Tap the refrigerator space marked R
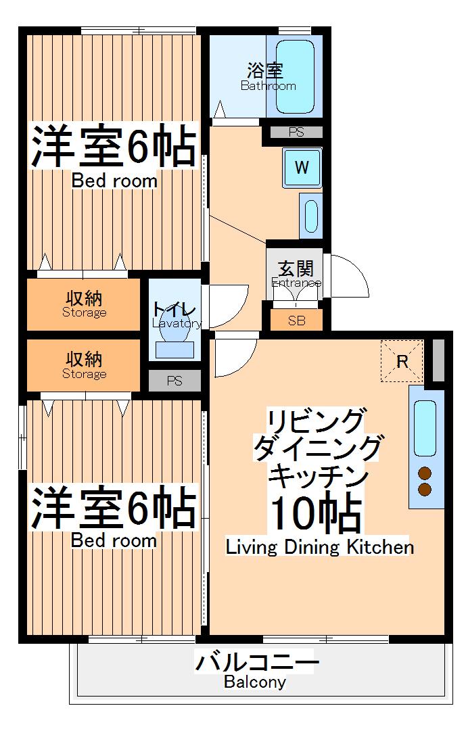[402, 361]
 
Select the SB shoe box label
[296, 321]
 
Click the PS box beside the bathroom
[296, 133]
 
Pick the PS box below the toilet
[174, 381]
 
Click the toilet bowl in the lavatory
[174, 329]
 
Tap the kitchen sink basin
[425, 427]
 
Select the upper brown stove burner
[425, 473]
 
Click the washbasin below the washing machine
[310, 216]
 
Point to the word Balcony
[255, 682]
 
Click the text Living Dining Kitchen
[320, 546]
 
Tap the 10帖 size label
[314, 514]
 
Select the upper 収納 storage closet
[85, 304]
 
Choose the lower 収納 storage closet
[85, 364]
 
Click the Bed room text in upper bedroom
[114, 181]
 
